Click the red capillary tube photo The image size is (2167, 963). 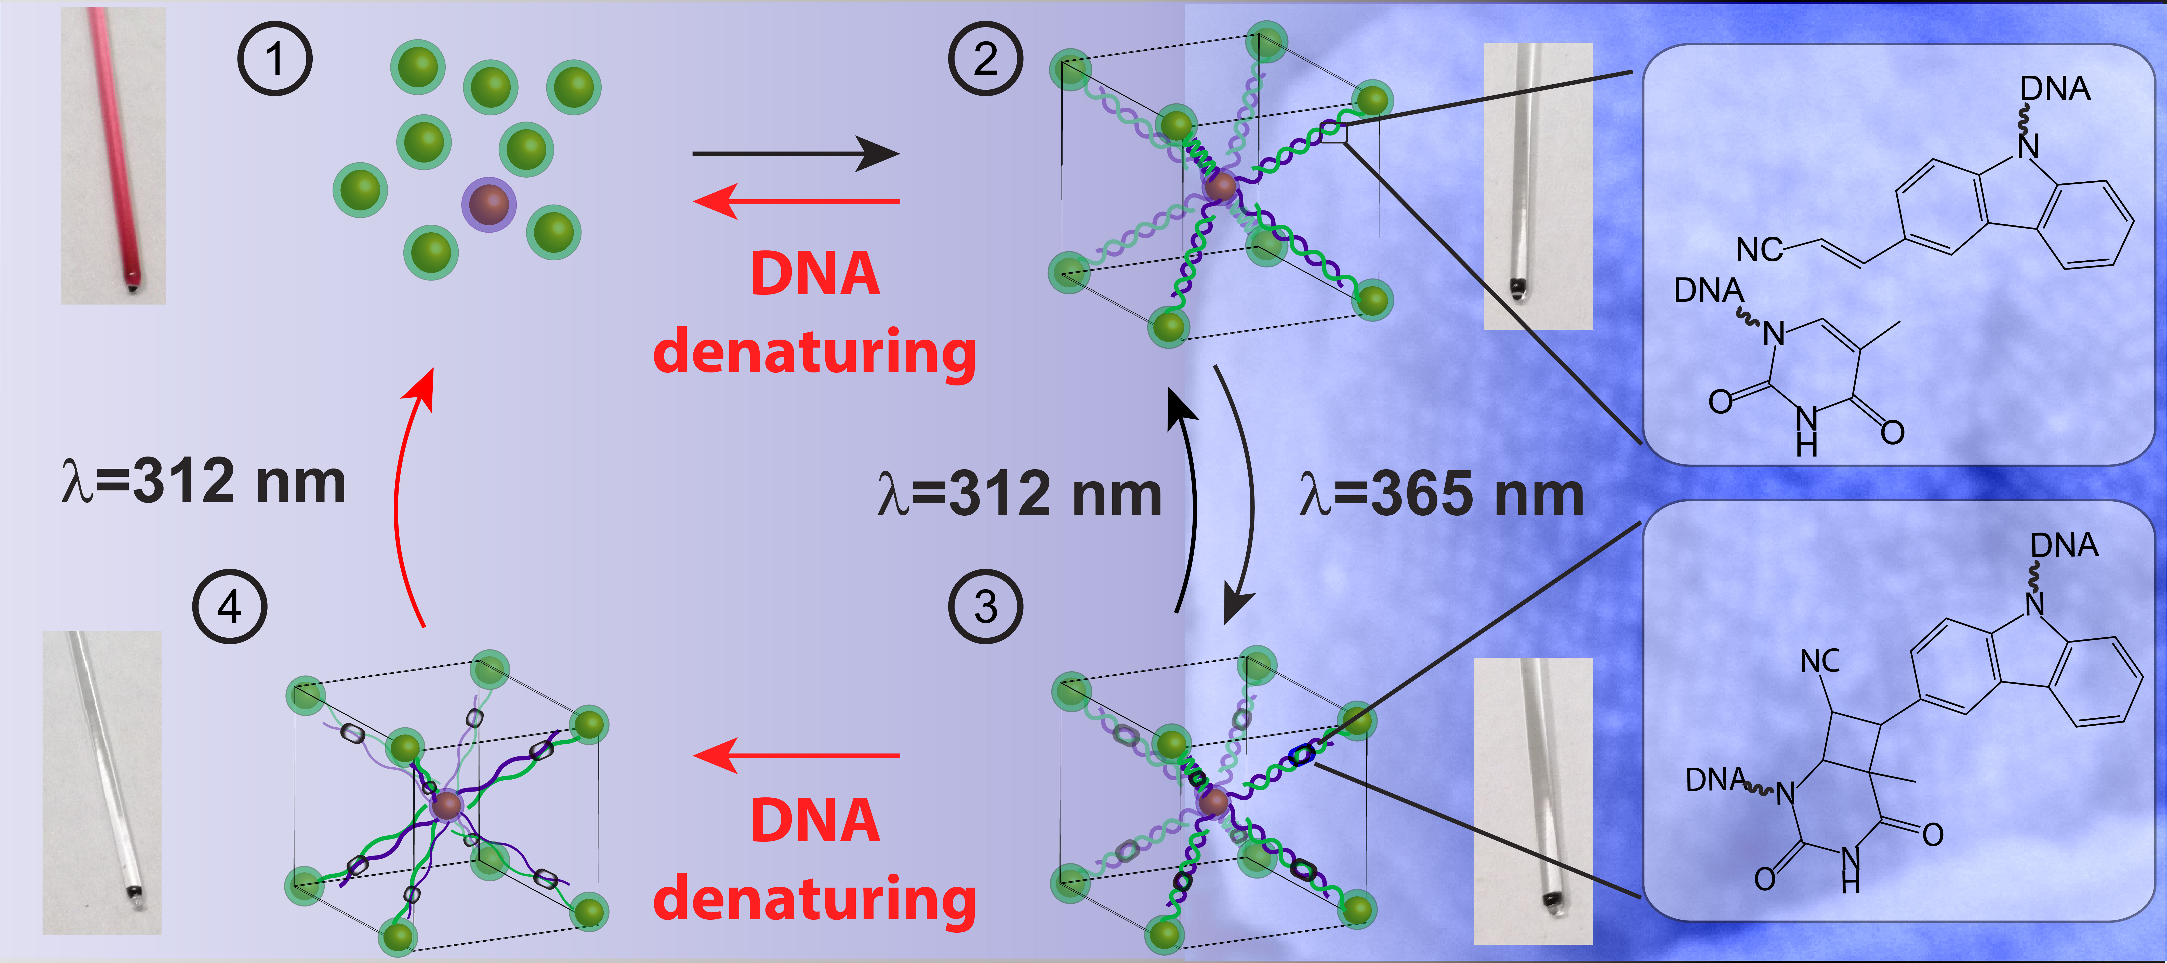point(113,156)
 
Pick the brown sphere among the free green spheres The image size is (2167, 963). point(489,204)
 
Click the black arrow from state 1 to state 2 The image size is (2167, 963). point(795,154)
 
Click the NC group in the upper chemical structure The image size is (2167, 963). point(1758,250)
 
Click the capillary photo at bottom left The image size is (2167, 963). point(102,782)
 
